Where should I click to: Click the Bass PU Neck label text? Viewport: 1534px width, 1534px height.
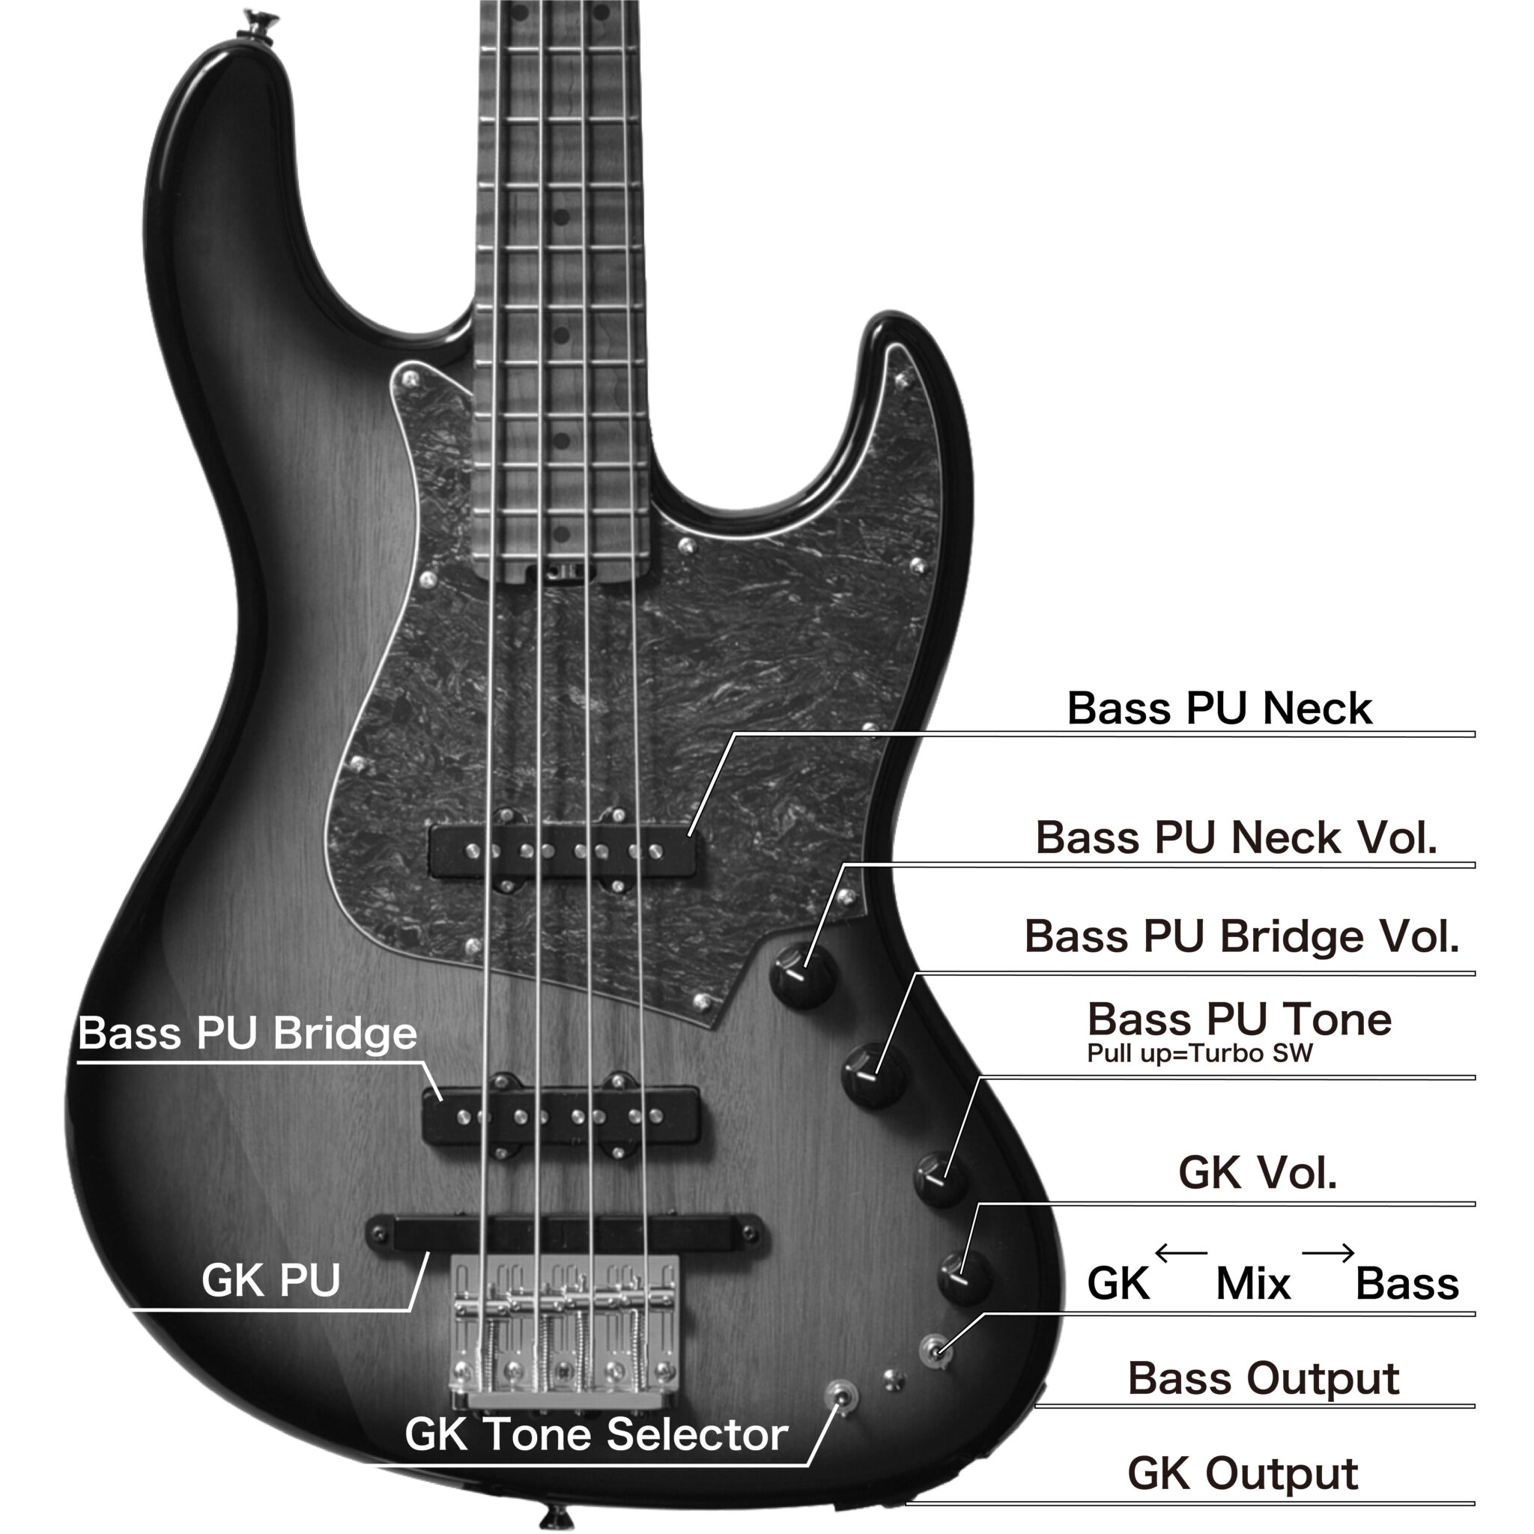tap(1219, 709)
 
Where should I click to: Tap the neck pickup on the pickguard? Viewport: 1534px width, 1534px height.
tap(563, 852)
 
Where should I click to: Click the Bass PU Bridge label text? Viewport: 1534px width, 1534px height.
tap(248, 1033)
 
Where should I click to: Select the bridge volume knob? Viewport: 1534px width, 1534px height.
tap(873, 1076)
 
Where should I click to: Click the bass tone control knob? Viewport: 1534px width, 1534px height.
tap(941, 1178)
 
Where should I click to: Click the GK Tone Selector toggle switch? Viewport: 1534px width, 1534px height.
tap(842, 1397)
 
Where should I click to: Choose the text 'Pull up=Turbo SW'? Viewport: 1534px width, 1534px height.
tap(1199, 1054)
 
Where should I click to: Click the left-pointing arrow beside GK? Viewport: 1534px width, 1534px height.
tap(1180, 1254)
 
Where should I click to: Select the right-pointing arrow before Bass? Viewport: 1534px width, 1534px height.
tap(1327, 1254)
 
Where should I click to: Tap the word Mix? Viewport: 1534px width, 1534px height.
tap(1253, 1284)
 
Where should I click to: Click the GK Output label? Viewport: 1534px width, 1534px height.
tap(1243, 1474)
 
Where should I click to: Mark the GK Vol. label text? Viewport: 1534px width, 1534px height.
tap(1258, 1173)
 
